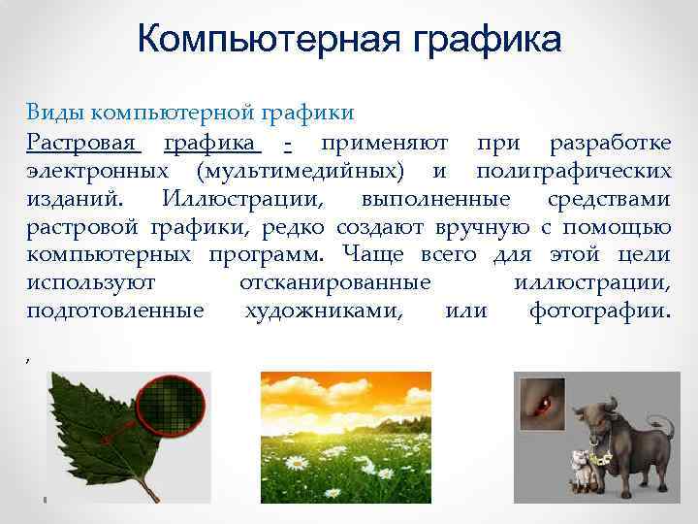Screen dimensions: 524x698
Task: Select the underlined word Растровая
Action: tap(83, 144)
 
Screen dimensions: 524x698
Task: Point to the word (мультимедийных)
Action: tap(301, 172)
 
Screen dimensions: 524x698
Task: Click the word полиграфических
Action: tap(573, 172)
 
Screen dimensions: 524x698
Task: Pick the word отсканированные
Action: tap(334, 283)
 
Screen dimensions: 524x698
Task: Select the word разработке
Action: tap(609, 144)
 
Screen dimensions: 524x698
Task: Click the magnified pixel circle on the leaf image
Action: tap(174, 407)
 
